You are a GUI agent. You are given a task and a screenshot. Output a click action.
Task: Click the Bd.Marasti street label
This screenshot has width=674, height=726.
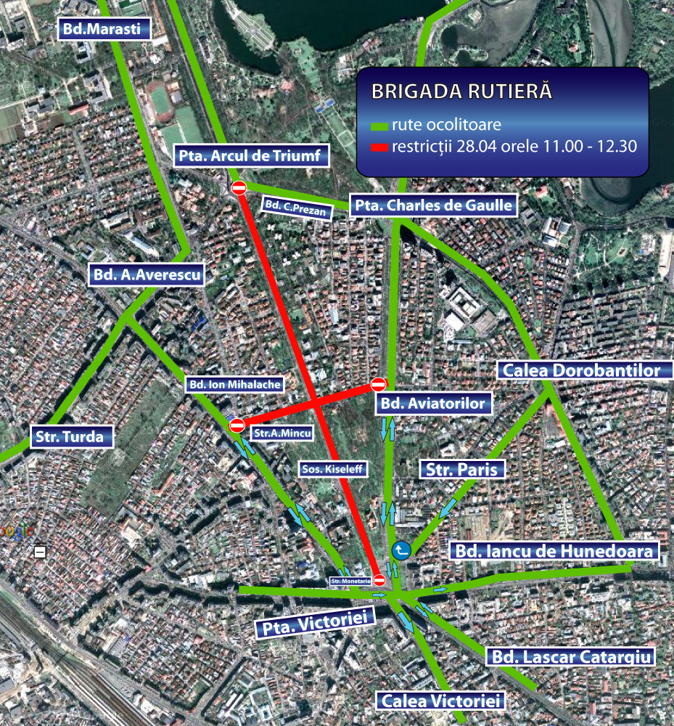point(105,29)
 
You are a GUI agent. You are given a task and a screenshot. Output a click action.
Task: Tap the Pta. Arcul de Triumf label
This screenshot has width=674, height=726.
point(252,155)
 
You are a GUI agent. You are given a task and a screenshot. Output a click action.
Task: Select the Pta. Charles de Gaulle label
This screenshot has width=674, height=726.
point(434,205)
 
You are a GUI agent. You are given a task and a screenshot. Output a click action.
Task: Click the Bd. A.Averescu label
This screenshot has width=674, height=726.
point(146,275)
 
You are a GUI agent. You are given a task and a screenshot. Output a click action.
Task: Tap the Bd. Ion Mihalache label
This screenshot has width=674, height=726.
point(234,385)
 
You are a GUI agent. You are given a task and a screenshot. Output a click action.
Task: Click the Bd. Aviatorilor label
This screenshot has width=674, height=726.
point(432,403)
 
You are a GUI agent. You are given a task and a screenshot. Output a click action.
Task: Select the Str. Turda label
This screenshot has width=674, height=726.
point(73,437)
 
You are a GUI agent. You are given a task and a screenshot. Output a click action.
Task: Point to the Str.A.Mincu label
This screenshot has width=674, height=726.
point(281,433)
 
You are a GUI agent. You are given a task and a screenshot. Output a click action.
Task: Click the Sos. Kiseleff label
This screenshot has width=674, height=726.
point(334,470)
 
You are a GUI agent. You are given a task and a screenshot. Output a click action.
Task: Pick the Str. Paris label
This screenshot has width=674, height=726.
point(462,470)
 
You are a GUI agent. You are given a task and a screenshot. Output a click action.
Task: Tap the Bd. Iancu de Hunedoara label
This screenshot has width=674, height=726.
point(555,550)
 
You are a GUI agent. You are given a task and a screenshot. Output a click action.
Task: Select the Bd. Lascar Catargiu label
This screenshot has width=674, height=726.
point(570,657)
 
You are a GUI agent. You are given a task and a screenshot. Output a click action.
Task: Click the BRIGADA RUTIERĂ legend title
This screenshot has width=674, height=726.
point(461,92)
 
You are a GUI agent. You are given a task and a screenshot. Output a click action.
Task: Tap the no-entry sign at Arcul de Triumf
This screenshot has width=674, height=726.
point(239,188)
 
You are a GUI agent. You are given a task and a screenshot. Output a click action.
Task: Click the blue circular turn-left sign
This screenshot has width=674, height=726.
point(400,551)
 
